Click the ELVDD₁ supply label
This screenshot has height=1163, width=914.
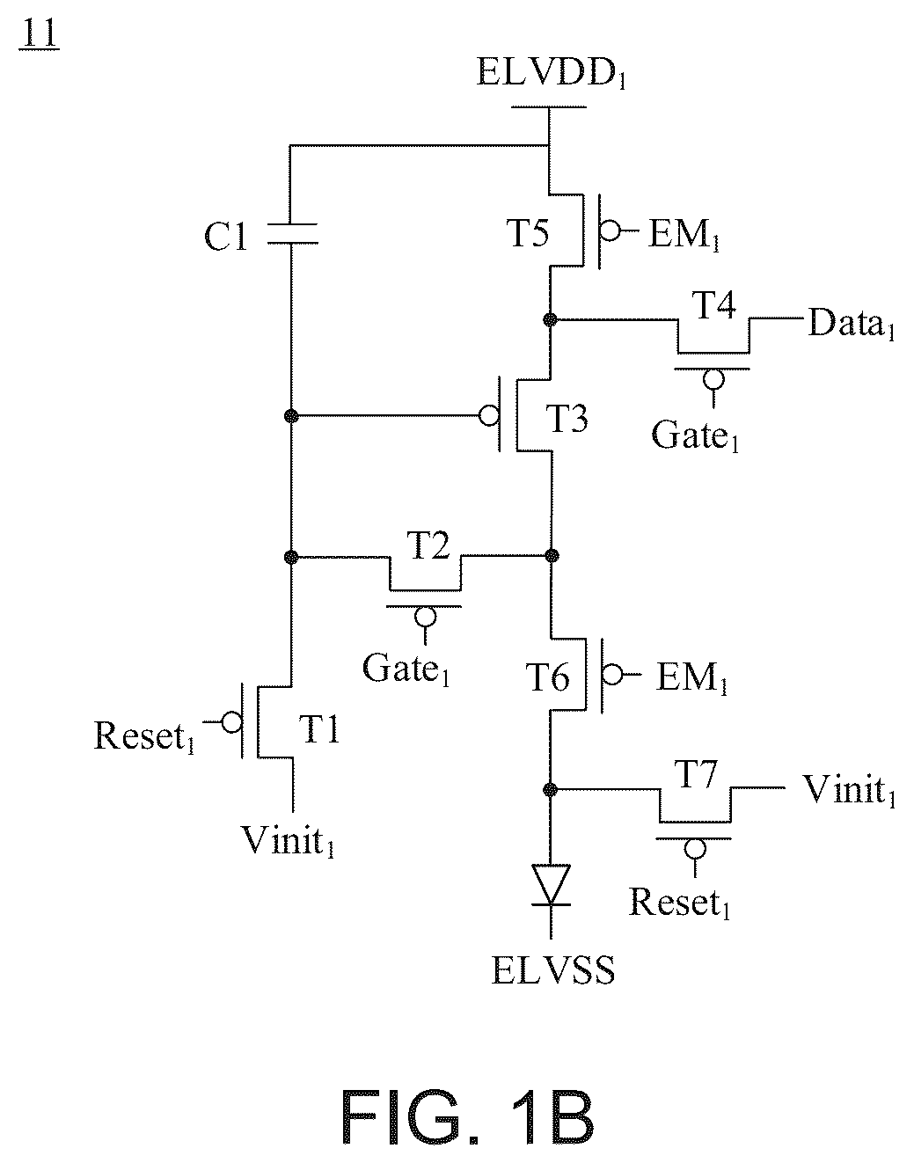(x=552, y=72)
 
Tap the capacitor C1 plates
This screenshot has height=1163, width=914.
(x=292, y=234)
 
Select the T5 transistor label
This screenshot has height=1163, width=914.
(x=528, y=233)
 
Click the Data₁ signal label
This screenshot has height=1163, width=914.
(x=851, y=323)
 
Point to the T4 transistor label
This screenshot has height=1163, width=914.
(x=713, y=305)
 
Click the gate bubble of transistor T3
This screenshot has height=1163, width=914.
(x=489, y=415)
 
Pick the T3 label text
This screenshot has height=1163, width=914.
(x=567, y=419)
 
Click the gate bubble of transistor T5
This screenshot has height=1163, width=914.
(x=610, y=231)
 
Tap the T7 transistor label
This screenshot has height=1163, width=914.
(x=695, y=773)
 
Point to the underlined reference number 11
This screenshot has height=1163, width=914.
(x=39, y=35)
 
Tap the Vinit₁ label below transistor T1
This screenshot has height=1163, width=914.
(x=289, y=841)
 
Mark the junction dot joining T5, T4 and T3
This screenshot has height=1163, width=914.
(x=550, y=319)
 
